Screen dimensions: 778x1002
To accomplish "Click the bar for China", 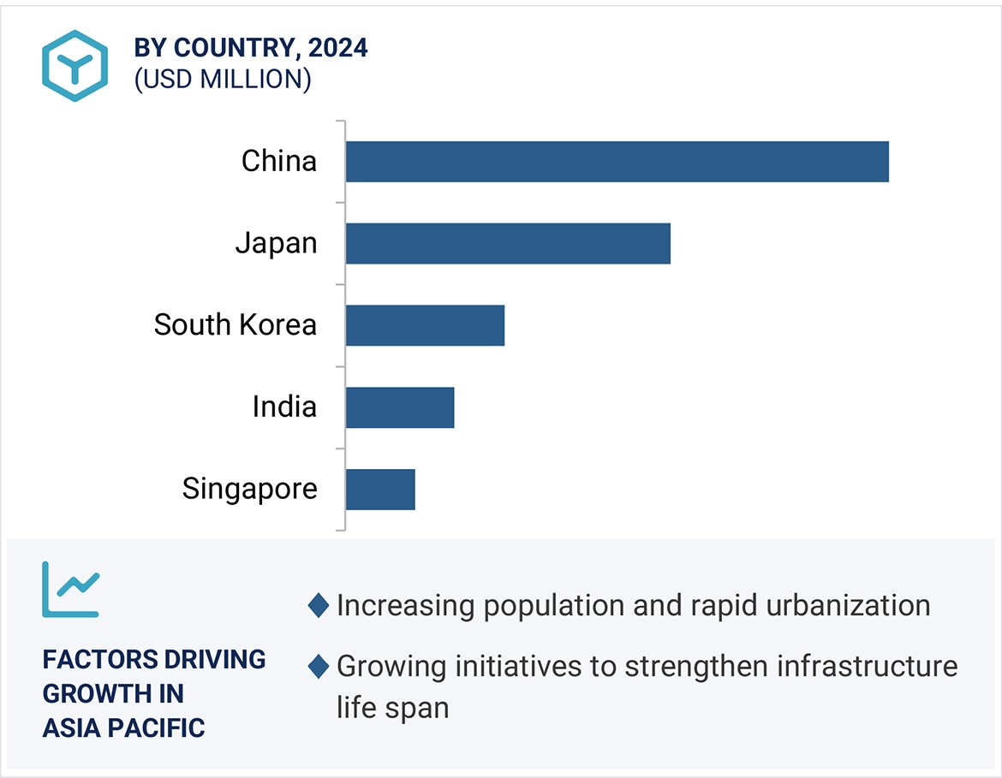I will point(617,162).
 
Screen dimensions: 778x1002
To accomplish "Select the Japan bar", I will point(508,243).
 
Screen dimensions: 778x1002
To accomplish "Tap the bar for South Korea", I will point(425,325).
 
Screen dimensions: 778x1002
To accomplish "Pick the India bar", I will point(400,407).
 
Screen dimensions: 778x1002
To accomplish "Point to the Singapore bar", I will point(380,490).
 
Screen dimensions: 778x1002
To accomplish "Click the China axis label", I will point(279,161).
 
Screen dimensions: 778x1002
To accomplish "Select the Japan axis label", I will point(276,243).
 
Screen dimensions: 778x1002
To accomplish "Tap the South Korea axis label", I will point(236,325).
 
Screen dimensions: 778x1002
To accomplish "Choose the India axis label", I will point(284,407).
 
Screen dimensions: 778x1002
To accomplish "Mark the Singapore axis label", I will point(249,489).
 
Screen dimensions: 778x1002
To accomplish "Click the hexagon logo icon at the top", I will point(75,66).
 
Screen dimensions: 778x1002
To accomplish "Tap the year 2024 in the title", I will point(338,49).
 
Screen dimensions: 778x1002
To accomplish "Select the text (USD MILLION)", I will point(223,80).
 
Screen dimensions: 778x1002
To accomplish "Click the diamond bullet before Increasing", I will point(319,606).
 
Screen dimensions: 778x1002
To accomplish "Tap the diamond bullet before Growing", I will point(319,667).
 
